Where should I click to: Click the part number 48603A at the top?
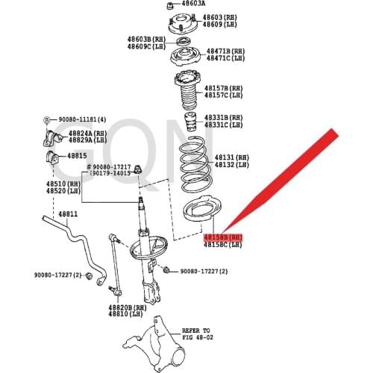[x=193, y=4]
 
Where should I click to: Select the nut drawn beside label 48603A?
[x=170, y=5]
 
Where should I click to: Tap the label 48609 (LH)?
[x=219, y=25]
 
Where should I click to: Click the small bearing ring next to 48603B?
[x=183, y=41]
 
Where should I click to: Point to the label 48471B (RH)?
[x=225, y=51]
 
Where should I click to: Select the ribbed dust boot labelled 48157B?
[x=188, y=91]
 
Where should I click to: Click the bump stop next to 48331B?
[x=190, y=122]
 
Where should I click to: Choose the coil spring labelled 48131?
[x=195, y=164]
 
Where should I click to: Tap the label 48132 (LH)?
[x=232, y=165]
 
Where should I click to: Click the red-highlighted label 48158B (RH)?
[x=223, y=237]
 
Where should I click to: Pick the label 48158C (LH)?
[x=223, y=245]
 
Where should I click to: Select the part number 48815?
[x=77, y=156]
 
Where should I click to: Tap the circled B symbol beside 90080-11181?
[x=46, y=120]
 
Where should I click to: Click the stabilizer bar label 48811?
[x=68, y=214]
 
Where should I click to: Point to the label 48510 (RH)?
[x=63, y=184]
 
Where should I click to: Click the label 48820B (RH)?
[x=128, y=308]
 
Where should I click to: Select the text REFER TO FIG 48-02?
[x=198, y=334]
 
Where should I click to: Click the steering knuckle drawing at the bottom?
[x=155, y=345]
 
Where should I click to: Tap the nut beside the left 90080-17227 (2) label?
[x=89, y=276]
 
